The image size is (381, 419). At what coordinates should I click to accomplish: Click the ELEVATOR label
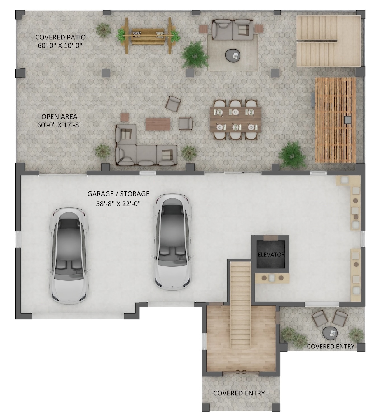coord(271,255)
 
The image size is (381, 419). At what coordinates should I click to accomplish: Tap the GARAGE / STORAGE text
coord(118,194)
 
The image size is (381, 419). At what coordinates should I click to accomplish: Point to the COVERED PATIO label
coord(60,37)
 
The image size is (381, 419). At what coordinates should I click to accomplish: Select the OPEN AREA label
coord(59,116)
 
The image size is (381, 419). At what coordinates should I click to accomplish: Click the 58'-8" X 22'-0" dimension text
coord(118,204)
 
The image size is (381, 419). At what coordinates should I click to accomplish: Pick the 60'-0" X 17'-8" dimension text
coord(59,125)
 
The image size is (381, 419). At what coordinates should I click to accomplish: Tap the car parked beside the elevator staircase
coord(172,242)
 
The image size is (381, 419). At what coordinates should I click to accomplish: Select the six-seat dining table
coord(235,120)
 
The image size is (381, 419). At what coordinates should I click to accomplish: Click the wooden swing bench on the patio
coord(148,36)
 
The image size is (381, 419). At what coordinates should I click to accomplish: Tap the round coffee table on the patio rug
coord(233,56)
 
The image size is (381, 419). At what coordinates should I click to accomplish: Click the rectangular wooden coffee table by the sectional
coord(158,124)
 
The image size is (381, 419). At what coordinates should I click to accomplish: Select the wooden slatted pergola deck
coord(335,120)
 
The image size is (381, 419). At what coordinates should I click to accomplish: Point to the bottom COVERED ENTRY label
coord(239,393)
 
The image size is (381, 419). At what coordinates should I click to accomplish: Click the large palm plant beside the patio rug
coord(195,55)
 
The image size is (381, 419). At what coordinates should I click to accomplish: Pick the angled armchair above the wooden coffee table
coord(173,104)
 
